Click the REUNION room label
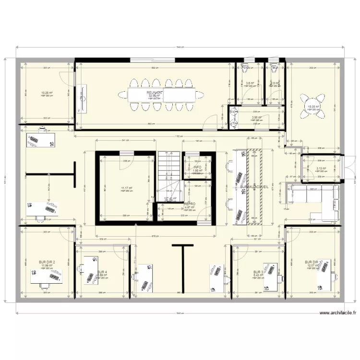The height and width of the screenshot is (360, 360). tap(155, 92)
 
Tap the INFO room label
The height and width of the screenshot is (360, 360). tap(197, 167)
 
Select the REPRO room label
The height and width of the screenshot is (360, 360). tap(191, 204)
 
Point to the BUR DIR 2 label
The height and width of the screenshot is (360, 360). tap(47, 262)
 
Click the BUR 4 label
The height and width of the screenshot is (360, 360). tap(102, 272)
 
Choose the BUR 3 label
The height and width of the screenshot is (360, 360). tap(258, 272)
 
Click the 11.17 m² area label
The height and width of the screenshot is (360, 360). tap(127, 188)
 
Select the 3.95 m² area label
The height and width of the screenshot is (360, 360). tap(257, 117)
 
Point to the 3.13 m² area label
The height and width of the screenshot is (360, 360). tap(321, 168)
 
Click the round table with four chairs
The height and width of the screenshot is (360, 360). tap(311, 107)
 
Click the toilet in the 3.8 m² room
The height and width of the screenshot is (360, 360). tap(246, 67)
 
